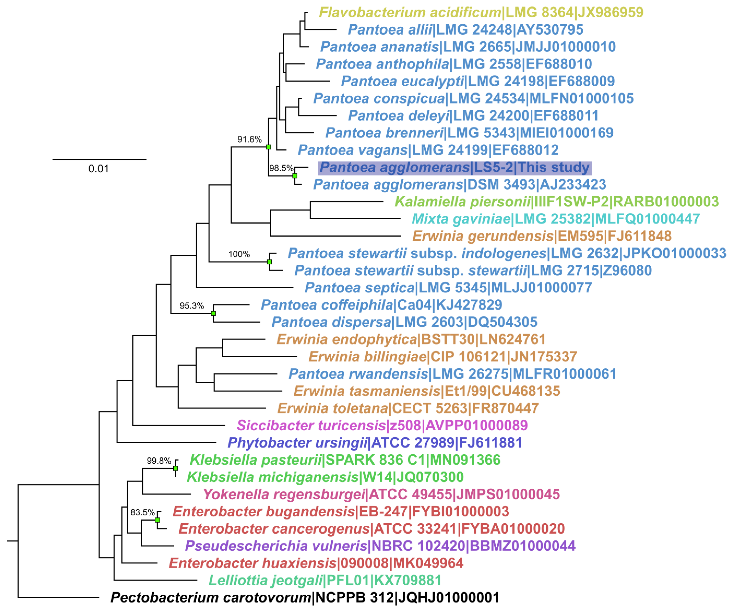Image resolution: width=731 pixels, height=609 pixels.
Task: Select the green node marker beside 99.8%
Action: (175, 468)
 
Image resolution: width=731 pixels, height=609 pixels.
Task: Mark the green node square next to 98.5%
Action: (295, 176)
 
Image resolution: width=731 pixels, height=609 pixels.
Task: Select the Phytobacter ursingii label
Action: (375, 443)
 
